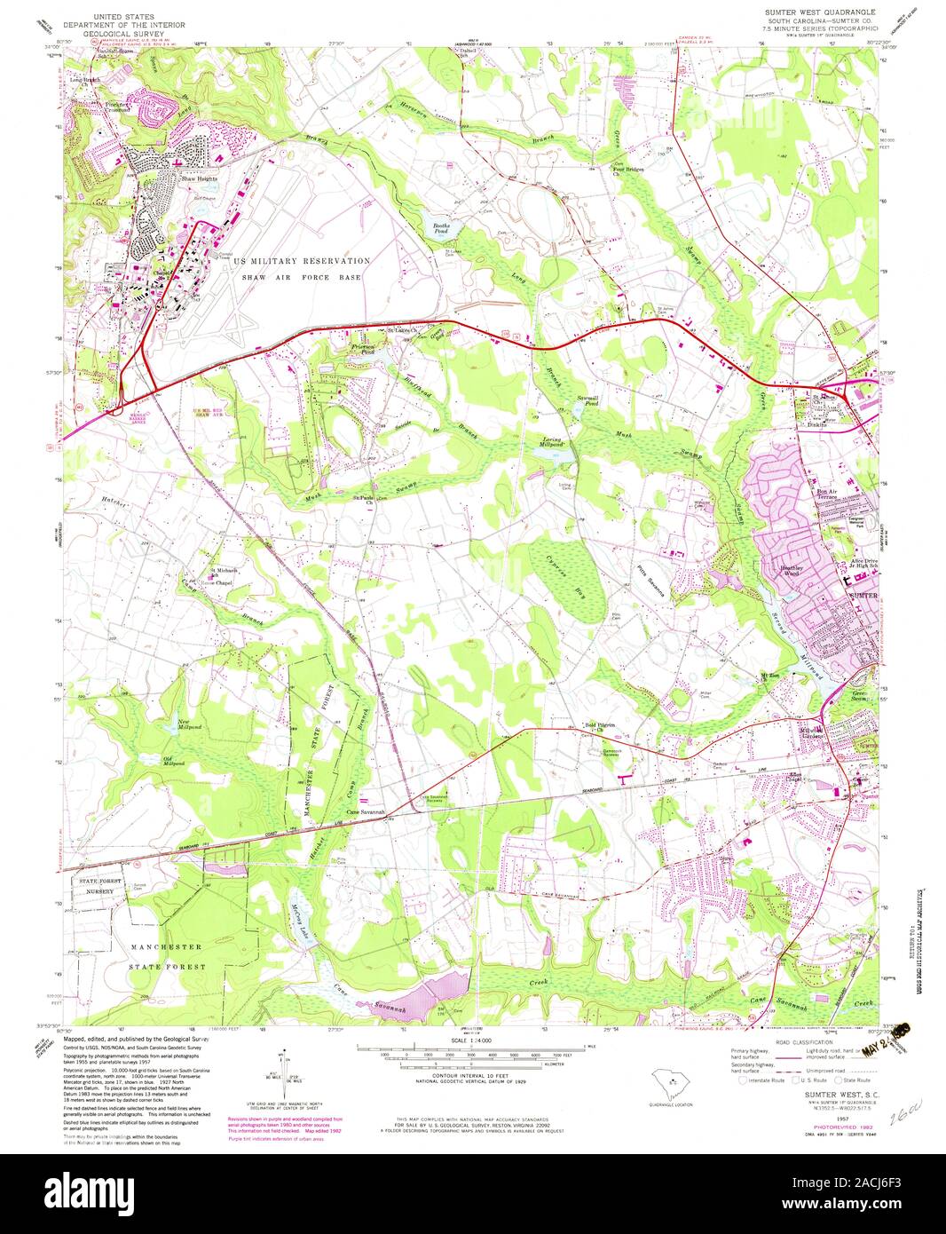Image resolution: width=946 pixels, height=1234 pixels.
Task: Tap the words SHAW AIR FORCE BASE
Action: point(302,278)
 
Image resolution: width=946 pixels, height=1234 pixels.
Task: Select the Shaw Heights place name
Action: point(199,179)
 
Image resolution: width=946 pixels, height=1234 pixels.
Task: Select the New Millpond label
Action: point(191,724)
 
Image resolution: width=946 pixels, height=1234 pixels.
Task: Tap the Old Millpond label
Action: point(173,761)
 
